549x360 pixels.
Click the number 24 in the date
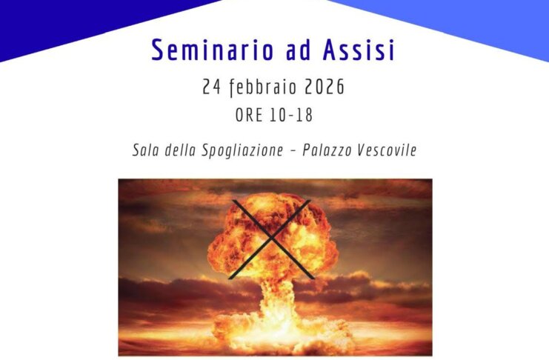[212, 87]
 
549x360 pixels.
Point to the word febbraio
[259, 88]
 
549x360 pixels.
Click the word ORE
[249, 116]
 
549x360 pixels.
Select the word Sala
[145, 150]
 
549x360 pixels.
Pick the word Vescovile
[388, 150]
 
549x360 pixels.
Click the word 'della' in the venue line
[180, 150]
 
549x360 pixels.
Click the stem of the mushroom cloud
[271, 296]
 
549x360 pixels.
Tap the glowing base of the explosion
[271, 333]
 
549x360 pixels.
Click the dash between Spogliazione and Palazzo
[294, 151]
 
